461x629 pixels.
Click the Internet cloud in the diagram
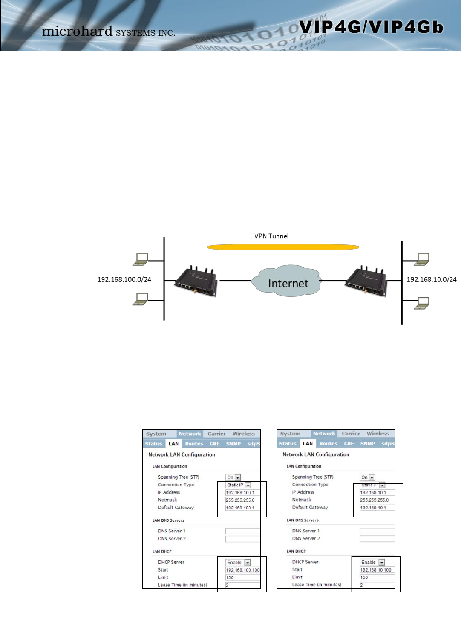coord(288,282)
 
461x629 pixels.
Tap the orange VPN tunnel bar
coord(283,247)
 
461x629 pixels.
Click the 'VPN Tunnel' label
coord(271,236)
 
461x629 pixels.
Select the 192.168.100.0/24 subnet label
coord(124,279)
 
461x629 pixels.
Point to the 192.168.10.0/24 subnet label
coord(431,279)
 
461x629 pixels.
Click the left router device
coord(196,281)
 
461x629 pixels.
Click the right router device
coord(365,281)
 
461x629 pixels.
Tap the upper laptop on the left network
coord(141,259)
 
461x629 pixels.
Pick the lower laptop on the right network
coord(422,303)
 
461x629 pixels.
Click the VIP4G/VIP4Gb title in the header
coord(371,27)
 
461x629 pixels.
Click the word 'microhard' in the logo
coord(77,31)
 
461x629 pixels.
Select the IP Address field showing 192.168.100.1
coord(242,493)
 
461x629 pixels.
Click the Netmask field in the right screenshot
coord(377,500)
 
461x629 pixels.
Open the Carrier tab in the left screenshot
coord(216,434)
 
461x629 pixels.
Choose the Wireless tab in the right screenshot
coord(377,434)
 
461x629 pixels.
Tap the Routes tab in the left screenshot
coord(194,444)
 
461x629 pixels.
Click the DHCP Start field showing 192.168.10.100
coord(377,570)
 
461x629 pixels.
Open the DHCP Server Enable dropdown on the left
coord(238,563)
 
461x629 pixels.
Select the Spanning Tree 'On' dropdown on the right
coord(368,477)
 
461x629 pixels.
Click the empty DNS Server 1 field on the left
coord(242,531)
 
